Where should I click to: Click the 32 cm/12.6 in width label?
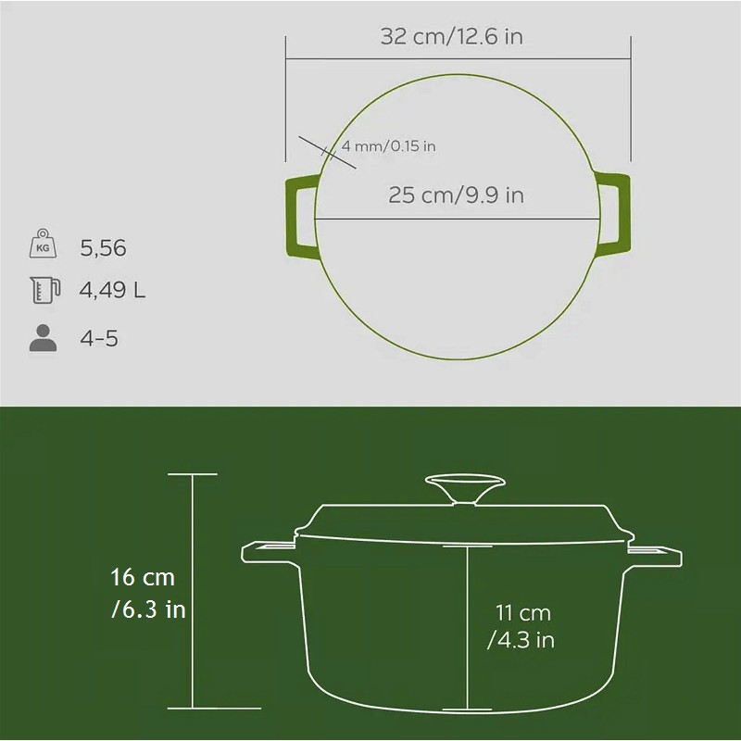(x=452, y=36)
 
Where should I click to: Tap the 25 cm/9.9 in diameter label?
(x=456, y=195)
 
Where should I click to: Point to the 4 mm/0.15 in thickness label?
(x=388, y=146)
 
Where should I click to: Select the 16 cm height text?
(x=143, y=577)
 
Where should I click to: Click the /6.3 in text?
(x=148, y=609)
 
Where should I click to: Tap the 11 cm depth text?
(x=523, y=613)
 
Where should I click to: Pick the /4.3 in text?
(x=521, y=640)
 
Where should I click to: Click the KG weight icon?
(x=43, y=244)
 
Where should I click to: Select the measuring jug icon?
(x=44, y=290)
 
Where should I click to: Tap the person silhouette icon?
(x=43, y=338)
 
